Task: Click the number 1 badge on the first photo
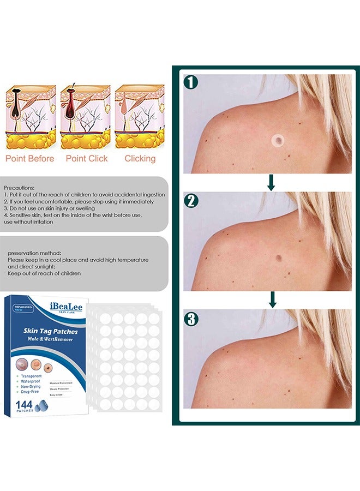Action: pyautogui.click(x=191, y=82)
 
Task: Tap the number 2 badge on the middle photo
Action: pyautogui.click(x=191, y=200)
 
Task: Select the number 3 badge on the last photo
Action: pyautogui.click(x=191, y=319)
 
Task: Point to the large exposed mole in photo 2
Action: pyautogui.click(x=279, y=258)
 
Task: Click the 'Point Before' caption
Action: pyautogui.click(x=30, y=159)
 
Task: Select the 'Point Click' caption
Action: pyautogui.click(x=87, y=159)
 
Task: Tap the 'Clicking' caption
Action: pyautogui.click(x=140, y=159)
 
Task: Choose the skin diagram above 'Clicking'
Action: pyautogui.click(x=139, y=117)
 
